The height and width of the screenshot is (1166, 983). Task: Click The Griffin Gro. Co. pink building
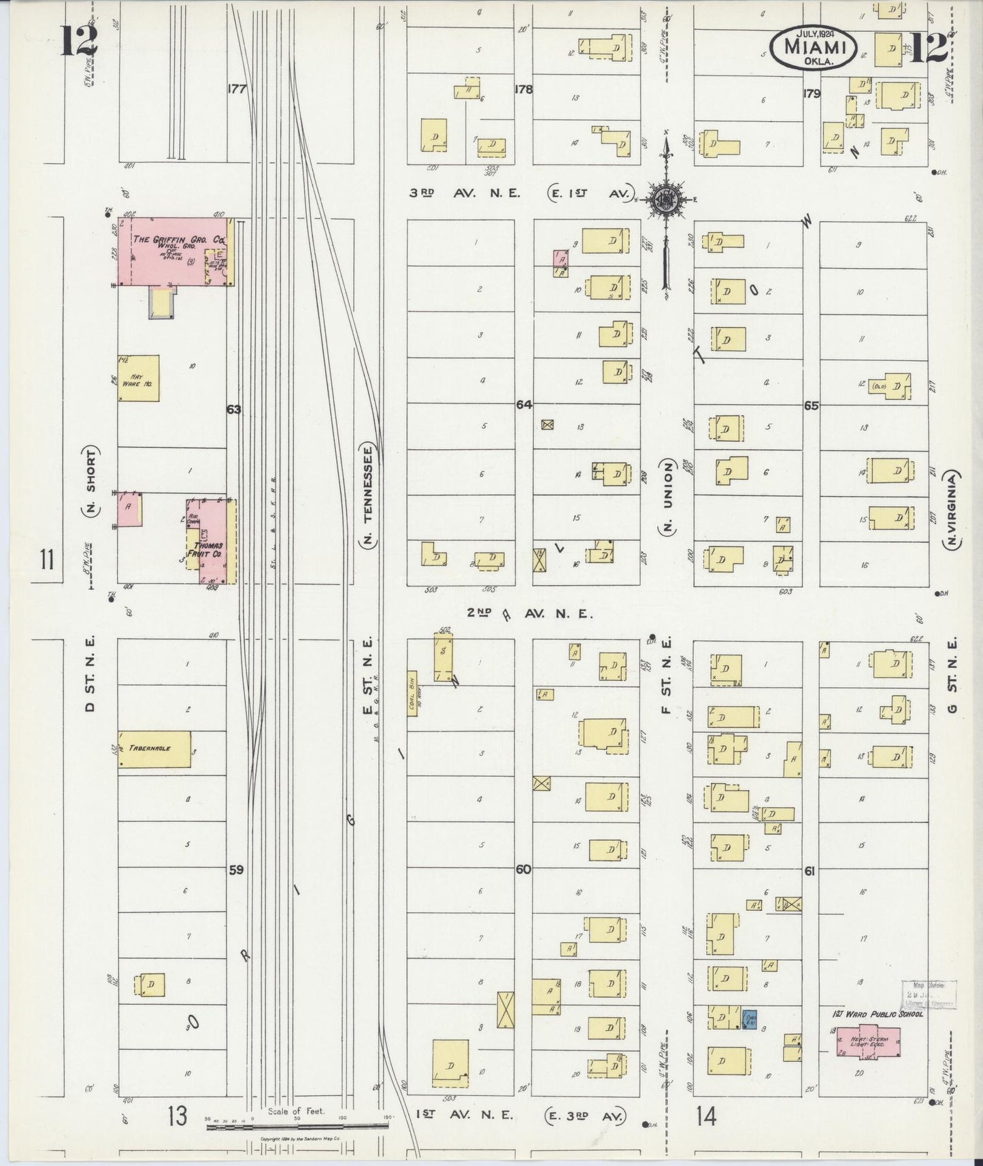tap(173, 251)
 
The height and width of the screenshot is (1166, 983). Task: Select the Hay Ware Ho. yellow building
tap(139, 378)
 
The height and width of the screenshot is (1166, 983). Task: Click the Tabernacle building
tap(154, 749)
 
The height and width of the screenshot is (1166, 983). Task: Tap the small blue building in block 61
tap(750, 1019)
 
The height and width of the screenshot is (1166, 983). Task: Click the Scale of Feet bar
tap(297, 1126)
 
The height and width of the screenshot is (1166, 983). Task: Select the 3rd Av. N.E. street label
tap(465, 193)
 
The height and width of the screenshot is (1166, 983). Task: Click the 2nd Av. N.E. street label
tap(530, 614)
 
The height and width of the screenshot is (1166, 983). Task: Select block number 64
tap(523, 405)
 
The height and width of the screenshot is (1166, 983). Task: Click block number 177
tap(236, 89)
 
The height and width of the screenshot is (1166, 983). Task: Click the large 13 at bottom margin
tap(177, 1116)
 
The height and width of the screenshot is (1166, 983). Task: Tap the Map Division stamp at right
tap(929, 995)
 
